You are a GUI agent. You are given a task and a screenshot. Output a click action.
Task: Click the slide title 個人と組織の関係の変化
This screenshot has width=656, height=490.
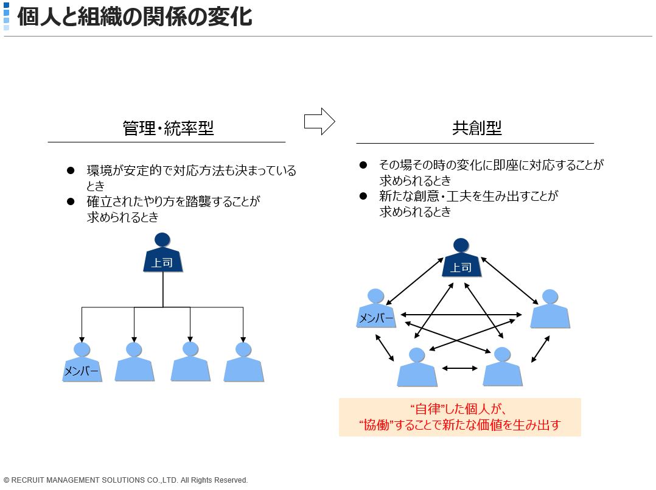click(x=134, y=16)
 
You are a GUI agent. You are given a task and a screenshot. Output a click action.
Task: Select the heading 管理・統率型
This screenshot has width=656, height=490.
click(x=168, y=128)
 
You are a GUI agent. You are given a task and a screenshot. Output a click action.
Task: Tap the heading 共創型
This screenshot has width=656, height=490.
click(x=477, y=128)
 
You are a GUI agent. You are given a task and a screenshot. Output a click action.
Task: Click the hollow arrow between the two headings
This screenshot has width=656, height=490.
click(x=319, y=121)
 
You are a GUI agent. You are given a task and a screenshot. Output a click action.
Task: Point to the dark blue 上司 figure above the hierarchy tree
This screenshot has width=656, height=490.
click(x=162, y=253)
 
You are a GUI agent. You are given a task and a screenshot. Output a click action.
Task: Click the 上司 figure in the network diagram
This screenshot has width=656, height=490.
click(x=461, y=257)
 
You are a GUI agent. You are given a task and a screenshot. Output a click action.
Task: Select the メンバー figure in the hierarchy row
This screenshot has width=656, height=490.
click(x=82, y=362)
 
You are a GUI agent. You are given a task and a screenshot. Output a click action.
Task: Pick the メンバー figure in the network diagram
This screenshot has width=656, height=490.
click(x=375, y=308)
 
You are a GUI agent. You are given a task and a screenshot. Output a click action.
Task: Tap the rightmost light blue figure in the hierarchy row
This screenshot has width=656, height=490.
click(x=243, y=362)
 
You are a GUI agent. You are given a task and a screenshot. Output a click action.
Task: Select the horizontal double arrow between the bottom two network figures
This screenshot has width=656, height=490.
click(x=460, y=368)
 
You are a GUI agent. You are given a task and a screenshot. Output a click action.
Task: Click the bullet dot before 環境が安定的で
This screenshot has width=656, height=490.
click(x=71, y=170)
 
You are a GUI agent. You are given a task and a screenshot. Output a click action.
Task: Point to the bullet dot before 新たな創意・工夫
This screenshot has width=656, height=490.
click(x=363, y=196)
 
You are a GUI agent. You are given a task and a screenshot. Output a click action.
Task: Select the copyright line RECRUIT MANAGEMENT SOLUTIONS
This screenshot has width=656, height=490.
click(x=125, y=480)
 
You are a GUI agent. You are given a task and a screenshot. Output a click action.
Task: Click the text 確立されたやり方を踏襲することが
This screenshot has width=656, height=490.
click(x=173, y=201)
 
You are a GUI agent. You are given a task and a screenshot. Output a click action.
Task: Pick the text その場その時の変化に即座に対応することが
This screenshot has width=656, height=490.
click(x=491, y=165)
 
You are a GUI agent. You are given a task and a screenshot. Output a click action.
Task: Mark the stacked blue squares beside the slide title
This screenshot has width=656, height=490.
click(x=6, y=16)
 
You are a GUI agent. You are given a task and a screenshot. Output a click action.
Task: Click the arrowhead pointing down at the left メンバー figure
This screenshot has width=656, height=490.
click(x=82, y=340)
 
